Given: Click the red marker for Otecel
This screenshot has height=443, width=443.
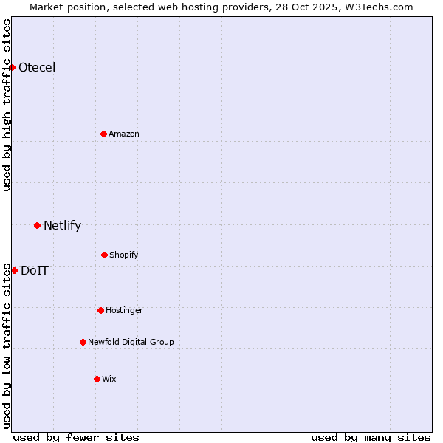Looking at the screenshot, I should point(12,68).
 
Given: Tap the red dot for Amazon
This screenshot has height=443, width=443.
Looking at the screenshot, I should point(104,134).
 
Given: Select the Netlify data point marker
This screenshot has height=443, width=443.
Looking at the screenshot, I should point(37,225).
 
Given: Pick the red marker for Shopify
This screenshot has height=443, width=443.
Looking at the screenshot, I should point(104,255).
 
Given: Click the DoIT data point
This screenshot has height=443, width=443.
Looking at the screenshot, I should point(14,270).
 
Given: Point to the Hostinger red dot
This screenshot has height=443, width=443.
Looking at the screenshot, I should point(100,310).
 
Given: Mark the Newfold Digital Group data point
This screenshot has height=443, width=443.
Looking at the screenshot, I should point(83,342).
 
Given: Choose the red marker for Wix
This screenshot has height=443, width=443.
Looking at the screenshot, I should point(97,379).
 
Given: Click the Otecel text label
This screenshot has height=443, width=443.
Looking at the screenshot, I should point(37,68).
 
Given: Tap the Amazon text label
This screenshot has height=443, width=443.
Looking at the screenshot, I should point(124,134).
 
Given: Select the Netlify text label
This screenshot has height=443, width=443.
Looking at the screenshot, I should point(62,226).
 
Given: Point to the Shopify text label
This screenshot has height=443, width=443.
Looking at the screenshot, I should point(124,255).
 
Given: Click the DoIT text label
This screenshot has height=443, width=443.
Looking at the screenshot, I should point(35,270).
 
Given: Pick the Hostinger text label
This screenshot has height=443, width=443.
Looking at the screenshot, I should point(124,311).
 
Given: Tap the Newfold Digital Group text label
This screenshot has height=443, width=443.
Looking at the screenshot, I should point(131,343).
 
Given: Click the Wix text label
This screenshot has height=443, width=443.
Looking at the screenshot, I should point(109,380).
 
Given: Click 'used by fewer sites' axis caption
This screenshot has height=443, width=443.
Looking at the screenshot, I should point(76,437).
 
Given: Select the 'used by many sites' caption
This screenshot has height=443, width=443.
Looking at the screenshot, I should point(371,437).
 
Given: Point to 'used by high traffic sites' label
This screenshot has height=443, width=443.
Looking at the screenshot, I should point(7,105).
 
